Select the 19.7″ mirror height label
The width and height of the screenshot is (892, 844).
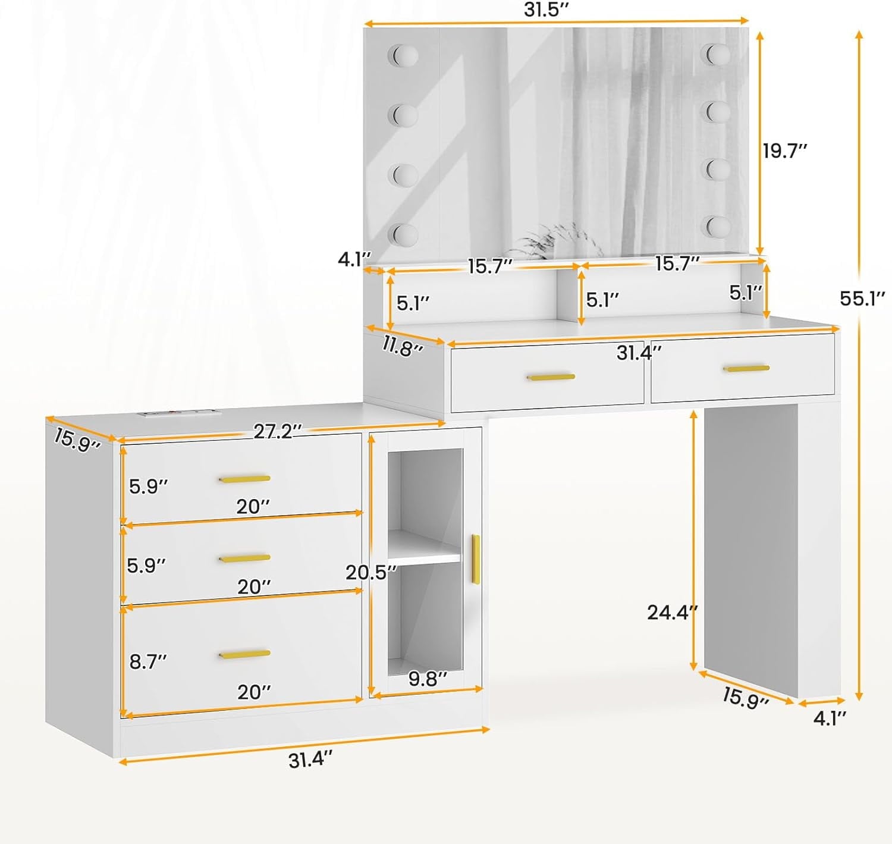(784, 151)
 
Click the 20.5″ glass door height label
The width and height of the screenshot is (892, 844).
(371, 573)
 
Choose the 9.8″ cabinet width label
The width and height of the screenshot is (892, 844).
(428, 679)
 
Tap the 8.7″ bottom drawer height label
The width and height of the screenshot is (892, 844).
(148, 662)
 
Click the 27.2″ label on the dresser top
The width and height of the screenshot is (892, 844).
(278, 431)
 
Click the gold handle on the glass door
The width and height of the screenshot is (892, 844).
(475, 559)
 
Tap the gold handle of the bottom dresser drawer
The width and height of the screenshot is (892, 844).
(244, 654)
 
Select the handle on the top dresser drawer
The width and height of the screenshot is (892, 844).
(244, 479)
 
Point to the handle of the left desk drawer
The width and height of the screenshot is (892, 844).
(551, 376)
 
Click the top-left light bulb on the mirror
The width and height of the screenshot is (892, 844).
(403, 55)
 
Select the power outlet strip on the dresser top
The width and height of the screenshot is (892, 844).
(180, 413)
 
